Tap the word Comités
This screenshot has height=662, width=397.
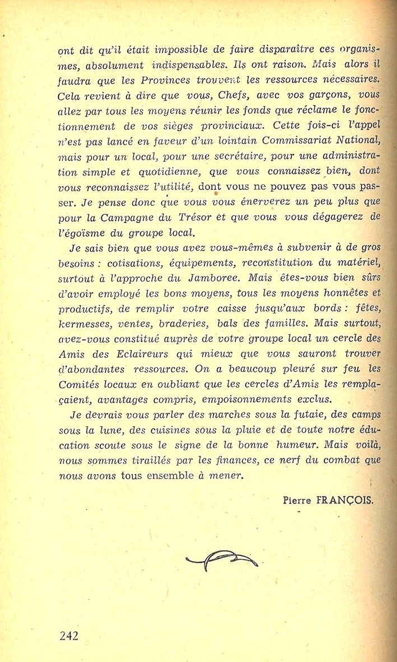(81, 385)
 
